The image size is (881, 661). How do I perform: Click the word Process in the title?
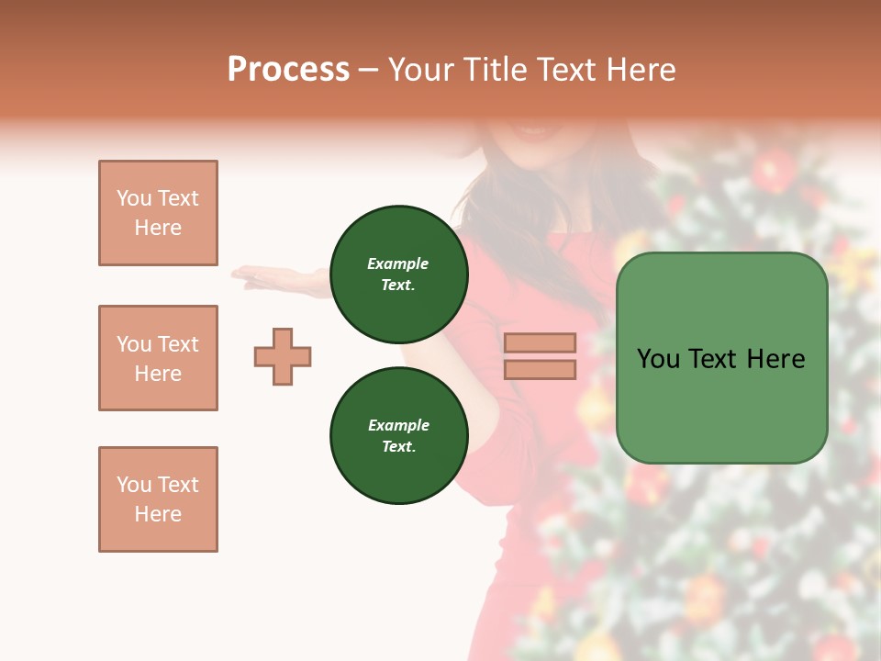[x=288, y=70]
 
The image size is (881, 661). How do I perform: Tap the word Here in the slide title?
[x=639, y=70]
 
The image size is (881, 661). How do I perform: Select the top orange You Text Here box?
[x=158, y=213]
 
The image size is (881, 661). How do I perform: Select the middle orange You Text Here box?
[x=158, y=358]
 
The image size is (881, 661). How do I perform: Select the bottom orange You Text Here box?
[x=158, y=499]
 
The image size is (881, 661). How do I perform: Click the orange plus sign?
[x=283, y=356]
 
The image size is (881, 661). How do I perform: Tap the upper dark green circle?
[x=399, y=274]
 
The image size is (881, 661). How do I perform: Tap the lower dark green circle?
[x=399, y=435]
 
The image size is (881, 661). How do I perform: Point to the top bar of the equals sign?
[x=540, y=342]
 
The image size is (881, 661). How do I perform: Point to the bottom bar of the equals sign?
[x=540, y=369]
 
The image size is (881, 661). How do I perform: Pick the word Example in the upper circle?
[x=398, y=263]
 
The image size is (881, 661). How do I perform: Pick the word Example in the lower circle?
[x=398, y=425]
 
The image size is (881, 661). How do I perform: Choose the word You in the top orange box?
[x=133, y=198]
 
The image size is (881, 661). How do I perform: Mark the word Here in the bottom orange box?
[x=158, y=514]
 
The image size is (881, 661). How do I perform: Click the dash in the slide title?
[x=368, y=71]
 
